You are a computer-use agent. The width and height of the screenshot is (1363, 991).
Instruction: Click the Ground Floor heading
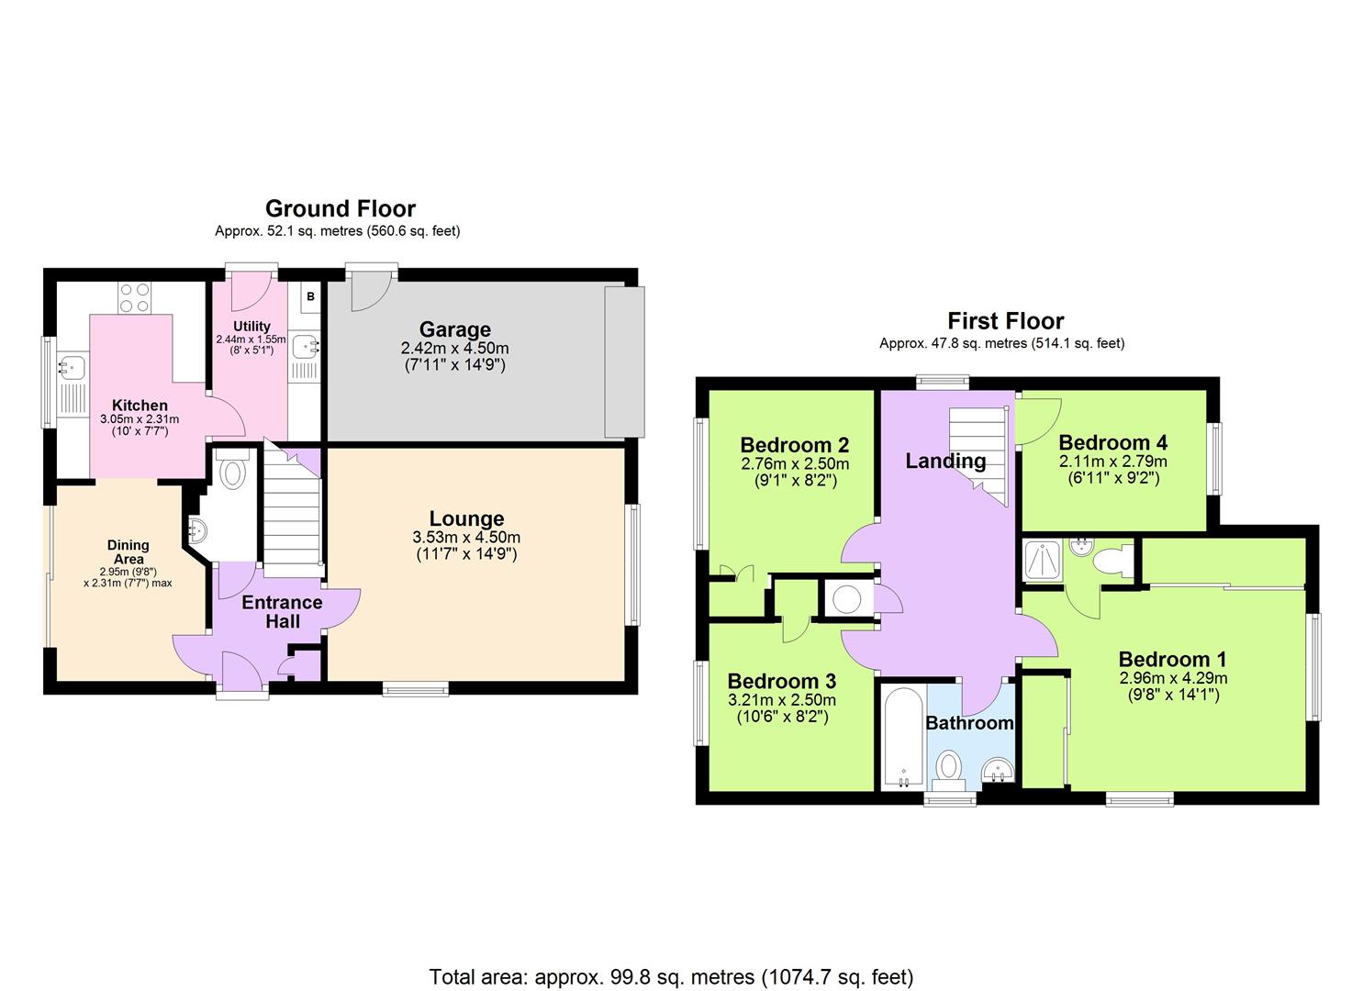point(340,209)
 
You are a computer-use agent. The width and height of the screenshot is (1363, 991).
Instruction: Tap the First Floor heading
point(1005,321)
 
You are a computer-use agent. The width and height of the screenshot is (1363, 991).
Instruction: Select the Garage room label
point(454,329)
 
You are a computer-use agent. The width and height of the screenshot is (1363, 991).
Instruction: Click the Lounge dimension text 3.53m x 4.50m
point(466,538)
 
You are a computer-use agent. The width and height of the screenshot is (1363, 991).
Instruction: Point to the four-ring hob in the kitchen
point(134,296)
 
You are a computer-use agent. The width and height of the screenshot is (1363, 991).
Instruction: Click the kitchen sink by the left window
point(70,368)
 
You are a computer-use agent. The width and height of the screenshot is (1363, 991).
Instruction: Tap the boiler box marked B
point(310,296)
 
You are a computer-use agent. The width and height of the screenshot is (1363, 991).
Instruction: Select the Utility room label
point(251,326)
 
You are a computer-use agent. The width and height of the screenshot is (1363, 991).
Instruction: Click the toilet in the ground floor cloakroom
point(232,472)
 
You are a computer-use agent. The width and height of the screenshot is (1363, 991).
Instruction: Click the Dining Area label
point(128,551)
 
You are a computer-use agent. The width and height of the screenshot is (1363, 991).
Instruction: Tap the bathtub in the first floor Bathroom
point(902,739)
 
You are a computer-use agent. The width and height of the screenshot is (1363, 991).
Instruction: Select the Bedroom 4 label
point(1112,442)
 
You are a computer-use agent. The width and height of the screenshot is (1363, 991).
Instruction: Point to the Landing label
point(945,462)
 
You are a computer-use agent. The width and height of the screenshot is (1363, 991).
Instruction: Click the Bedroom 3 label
point(781,681)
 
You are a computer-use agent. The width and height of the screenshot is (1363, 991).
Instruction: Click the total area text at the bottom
point(671,976)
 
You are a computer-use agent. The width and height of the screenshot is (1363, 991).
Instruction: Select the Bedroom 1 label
point(1172,659)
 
